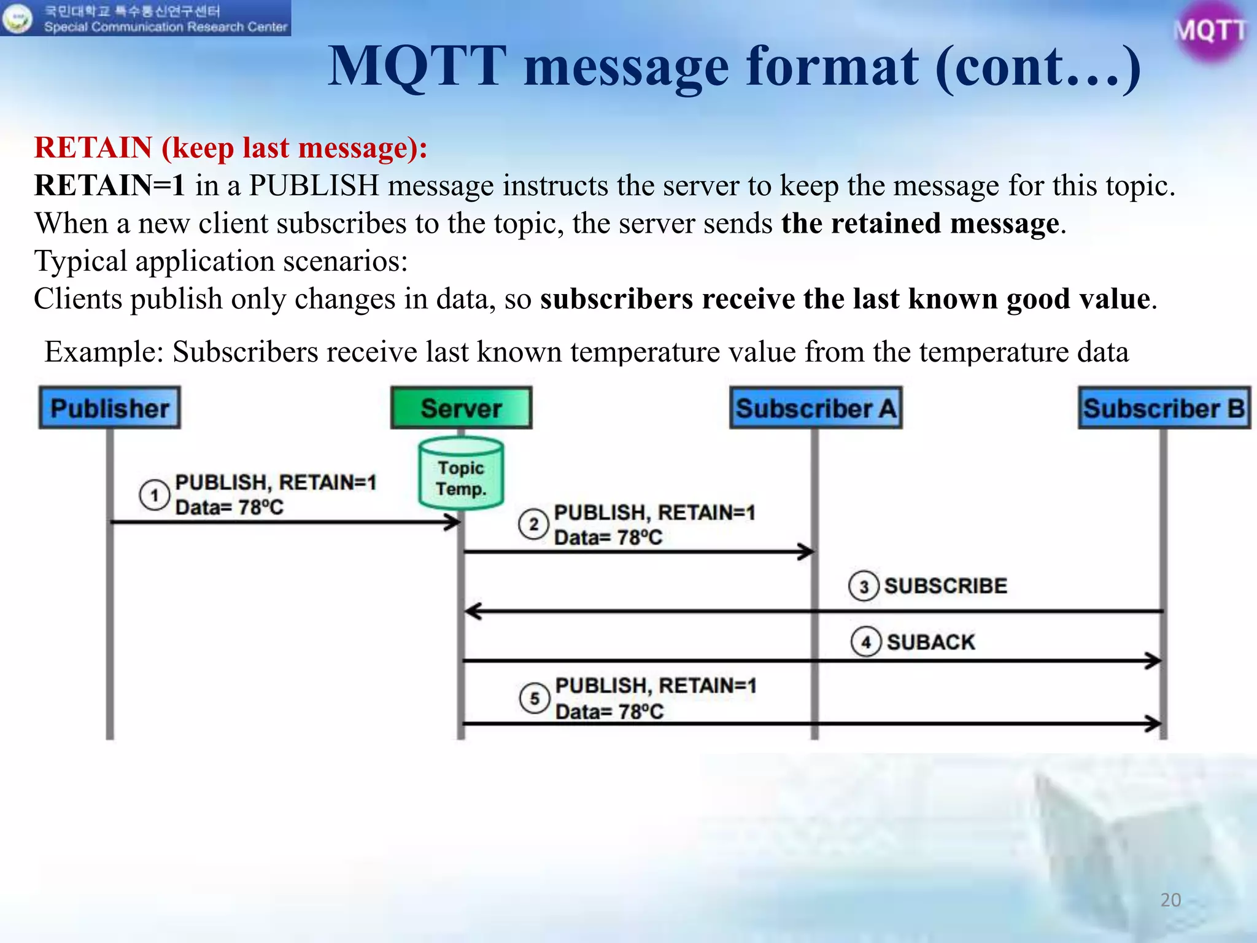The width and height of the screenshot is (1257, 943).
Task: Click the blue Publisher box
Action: [x=109, y=408]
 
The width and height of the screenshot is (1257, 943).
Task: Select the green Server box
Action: [x=461, y=408]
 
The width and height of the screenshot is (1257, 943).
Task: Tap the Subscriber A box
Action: [x=816, y=408]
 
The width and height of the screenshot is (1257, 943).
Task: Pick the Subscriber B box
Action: [x=1164, y=408]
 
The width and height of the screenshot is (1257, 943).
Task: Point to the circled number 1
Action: [x=154, y=495]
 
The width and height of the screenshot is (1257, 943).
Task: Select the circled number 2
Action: [x=533, y=525]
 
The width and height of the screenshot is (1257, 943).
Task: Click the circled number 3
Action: [x=864, y=586]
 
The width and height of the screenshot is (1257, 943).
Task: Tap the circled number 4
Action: [x=866, y=642]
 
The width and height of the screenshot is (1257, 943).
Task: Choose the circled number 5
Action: [x=535, y=699]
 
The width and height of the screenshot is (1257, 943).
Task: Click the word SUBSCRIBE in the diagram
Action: [x=945, y=586]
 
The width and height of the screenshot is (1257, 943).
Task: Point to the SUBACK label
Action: [x=930, y=642]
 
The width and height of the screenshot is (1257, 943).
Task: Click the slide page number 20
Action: [x=1170, y=900]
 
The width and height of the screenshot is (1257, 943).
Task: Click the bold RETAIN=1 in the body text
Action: [x=109, y=185]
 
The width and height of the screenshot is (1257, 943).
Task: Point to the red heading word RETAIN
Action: [x=93, y=148]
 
